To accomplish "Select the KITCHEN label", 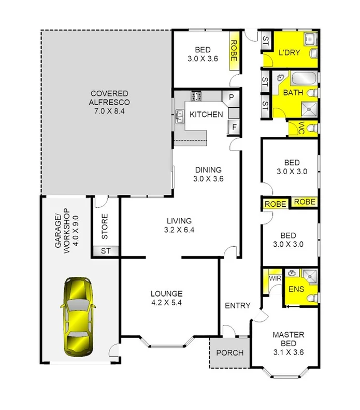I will (206, 115).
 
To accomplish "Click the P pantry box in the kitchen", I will (231, 97).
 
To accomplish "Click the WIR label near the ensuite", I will (274, 279).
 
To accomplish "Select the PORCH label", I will (229, 353).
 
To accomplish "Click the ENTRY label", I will (237, 306).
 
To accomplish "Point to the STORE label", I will (105, 227).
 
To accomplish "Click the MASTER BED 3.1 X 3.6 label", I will (288, 343).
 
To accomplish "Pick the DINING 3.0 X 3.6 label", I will (208, 174).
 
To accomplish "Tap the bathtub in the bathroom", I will (300, 79).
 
